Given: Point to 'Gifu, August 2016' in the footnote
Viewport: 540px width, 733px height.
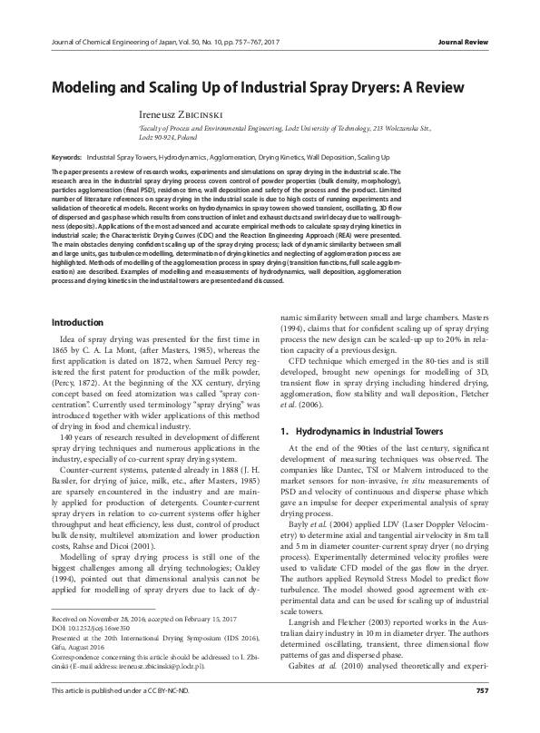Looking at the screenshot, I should tap(83, 672).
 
